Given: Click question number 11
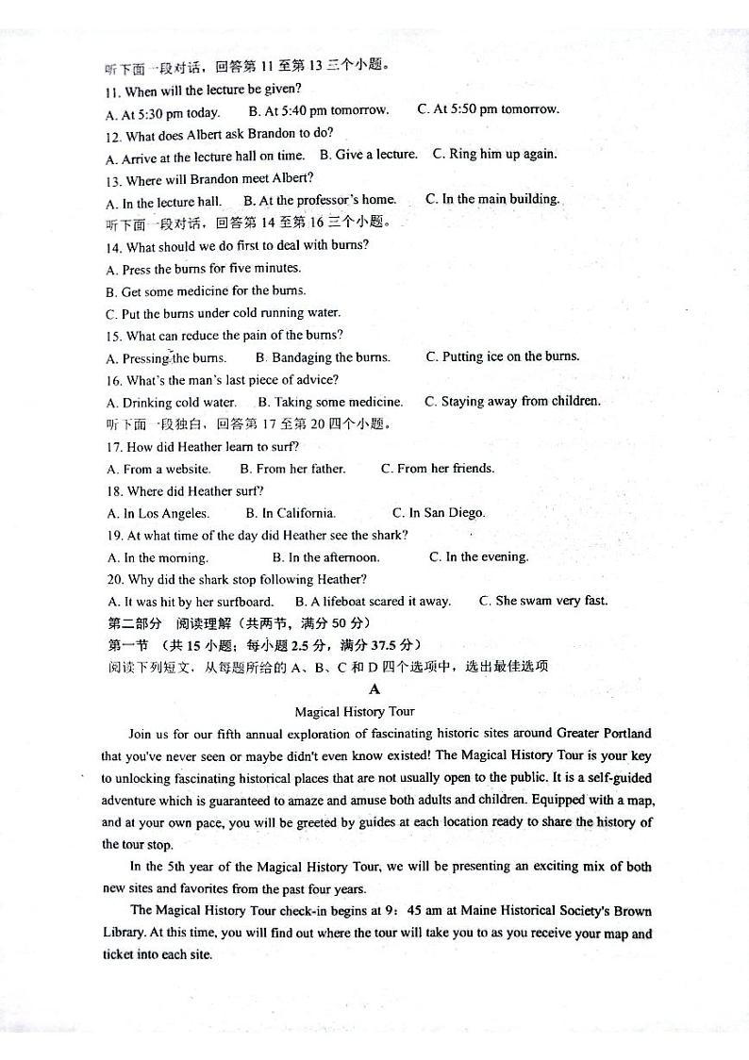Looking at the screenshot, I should click(x=113, y=91).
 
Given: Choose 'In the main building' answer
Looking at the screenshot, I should click(x=492, y=199).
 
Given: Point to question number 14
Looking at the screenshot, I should click(x=113, y=246).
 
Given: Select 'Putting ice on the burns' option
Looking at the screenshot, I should click(x=503, y=356).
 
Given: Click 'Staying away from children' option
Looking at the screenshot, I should click(x=512, y=402).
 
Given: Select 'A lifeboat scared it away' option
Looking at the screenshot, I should click(x=373, y=602).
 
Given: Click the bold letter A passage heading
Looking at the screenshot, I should click(x=374, y=689).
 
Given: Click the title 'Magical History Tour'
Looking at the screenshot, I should click(x=355, y=712).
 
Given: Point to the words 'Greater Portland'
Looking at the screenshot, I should click(x=604, y=733).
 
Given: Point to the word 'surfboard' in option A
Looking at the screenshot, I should click(x=244, y=602).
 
